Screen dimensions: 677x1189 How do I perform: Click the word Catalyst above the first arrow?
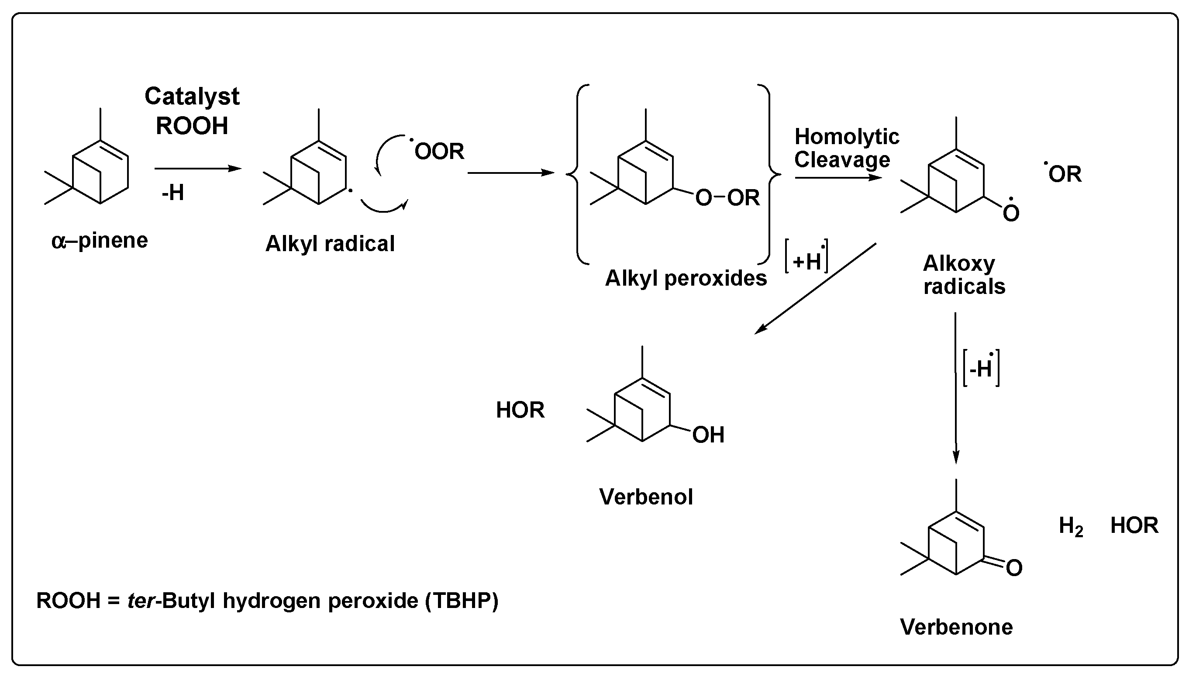coord(192,97)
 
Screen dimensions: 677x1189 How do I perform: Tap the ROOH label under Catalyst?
coord(192,126)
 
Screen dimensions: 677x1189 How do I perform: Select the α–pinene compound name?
coord(100,241)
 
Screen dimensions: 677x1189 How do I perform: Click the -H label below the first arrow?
coord(173,193)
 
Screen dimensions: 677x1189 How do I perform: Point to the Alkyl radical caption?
coord(330,244)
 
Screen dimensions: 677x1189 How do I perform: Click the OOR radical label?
coord(439,152)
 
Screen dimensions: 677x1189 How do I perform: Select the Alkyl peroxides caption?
coord(686,279)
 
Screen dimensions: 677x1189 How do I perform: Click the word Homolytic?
coord(846,137)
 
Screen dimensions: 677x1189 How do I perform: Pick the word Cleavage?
coord(842,160)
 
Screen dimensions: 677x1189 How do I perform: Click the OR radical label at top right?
coord(1065,174)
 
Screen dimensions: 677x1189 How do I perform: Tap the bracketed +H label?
coord(806,261)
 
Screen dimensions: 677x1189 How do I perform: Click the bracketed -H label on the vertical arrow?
coord(981,369)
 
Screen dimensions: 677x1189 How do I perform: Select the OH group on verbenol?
coord(708,435)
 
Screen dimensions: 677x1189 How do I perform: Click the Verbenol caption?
coord(646,497)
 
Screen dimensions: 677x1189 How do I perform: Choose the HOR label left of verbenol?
coord(520,410)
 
